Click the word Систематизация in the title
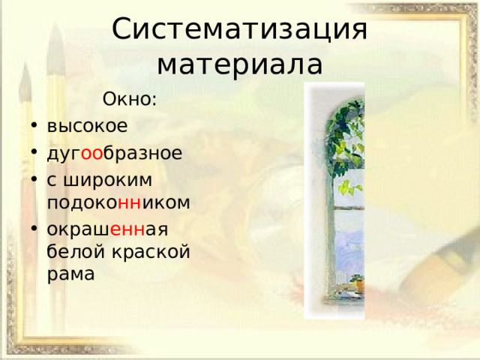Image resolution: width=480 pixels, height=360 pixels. (239, 29)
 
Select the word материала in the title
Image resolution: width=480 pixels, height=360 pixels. (240, 64)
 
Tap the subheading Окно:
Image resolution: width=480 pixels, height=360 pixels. (130, 99)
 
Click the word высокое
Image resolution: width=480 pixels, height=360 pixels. (87, 126)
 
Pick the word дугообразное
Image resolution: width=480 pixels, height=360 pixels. (115, 154)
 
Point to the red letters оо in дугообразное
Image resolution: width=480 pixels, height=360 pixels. (91, 153)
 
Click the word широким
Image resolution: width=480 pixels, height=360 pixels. (107, 181)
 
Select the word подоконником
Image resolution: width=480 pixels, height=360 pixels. (118, 203)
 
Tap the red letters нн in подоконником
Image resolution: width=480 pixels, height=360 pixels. (130, 203)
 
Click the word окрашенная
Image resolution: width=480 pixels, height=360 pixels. (107, 229)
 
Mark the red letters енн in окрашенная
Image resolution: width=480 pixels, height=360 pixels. (127, 229)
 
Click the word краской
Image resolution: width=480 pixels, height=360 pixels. (151, 252)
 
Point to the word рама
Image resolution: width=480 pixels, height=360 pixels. (70, 274)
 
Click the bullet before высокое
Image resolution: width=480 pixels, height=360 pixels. (34, 125)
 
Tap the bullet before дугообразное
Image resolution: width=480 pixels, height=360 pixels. (34, 152)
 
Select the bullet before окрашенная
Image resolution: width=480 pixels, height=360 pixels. (34, 229)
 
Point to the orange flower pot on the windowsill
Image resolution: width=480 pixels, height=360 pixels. (360, 286)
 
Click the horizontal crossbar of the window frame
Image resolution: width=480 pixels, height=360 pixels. (349, 208)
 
